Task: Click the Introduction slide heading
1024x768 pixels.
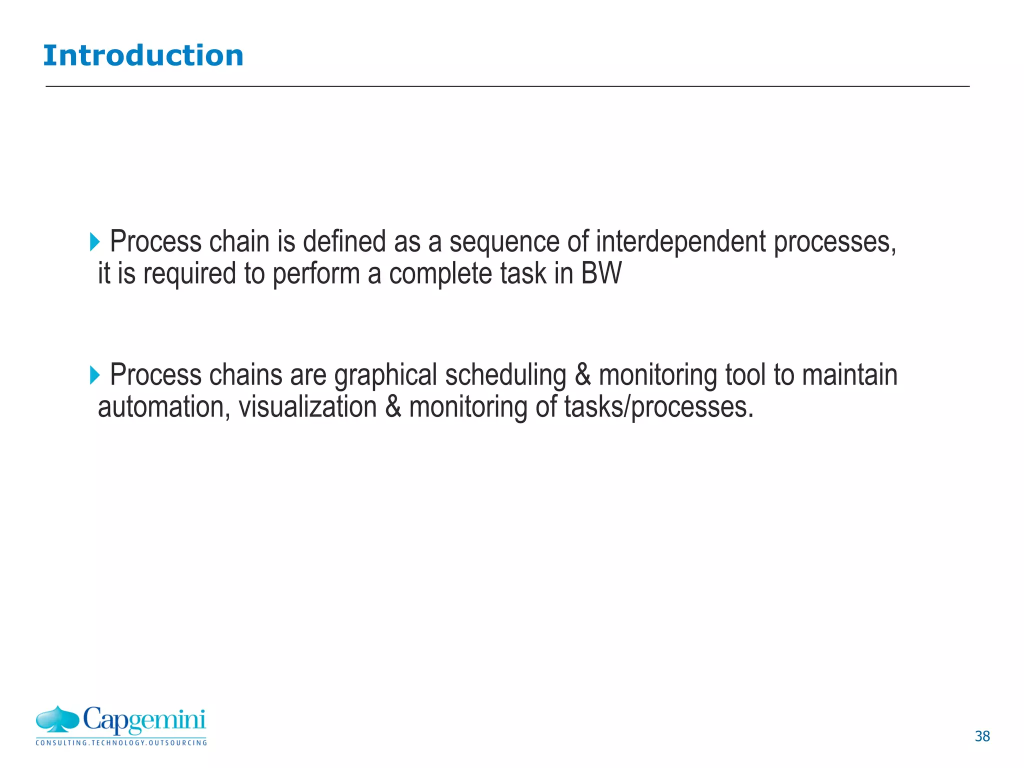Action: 143,55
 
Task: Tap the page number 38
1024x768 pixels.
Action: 982,736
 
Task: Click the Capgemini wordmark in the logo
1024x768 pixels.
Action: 144,720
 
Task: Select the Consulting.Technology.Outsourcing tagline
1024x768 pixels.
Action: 121,743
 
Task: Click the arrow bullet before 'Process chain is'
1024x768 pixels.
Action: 94,242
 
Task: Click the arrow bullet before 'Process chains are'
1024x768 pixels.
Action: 94,375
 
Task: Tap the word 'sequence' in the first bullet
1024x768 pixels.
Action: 504,242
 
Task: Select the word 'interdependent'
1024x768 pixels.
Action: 681,242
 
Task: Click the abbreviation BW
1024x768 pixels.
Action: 601,274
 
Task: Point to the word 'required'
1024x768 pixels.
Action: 189,274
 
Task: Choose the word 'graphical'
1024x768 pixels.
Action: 385,375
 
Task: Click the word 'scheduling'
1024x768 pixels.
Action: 505,375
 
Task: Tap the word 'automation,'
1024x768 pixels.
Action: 163,407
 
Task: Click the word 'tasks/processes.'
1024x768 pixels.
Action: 658,407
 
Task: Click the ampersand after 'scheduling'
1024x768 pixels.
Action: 582,375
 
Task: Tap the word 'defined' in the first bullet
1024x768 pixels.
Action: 344,242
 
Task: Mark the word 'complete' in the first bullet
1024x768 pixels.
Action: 440,274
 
